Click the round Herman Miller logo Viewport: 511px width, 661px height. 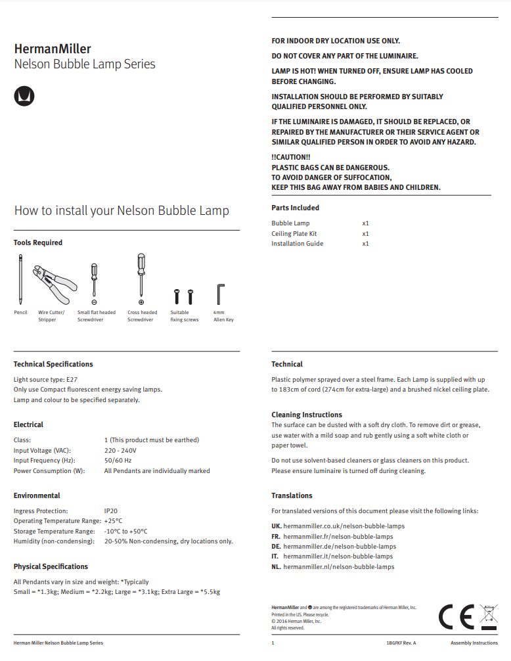tap(24, 96)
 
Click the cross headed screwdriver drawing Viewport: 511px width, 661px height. tap(141, 276)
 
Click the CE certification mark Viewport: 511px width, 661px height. tap(456, 618)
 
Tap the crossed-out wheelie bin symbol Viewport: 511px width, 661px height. tap(489, 617)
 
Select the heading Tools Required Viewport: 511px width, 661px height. tap(38, 242)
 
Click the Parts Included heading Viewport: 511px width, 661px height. tap(295, 208)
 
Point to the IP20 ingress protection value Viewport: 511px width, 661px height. tap(110, 510)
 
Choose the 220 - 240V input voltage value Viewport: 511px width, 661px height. tap(120, 450)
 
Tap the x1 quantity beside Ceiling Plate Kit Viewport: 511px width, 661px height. tap(365, 233)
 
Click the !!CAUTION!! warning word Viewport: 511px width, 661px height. tap(291, 157)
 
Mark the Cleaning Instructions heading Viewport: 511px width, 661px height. tap(307, 415)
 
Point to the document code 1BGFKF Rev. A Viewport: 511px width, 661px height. tap(401, 643)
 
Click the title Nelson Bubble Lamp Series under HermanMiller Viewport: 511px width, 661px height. tap(85, 64)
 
